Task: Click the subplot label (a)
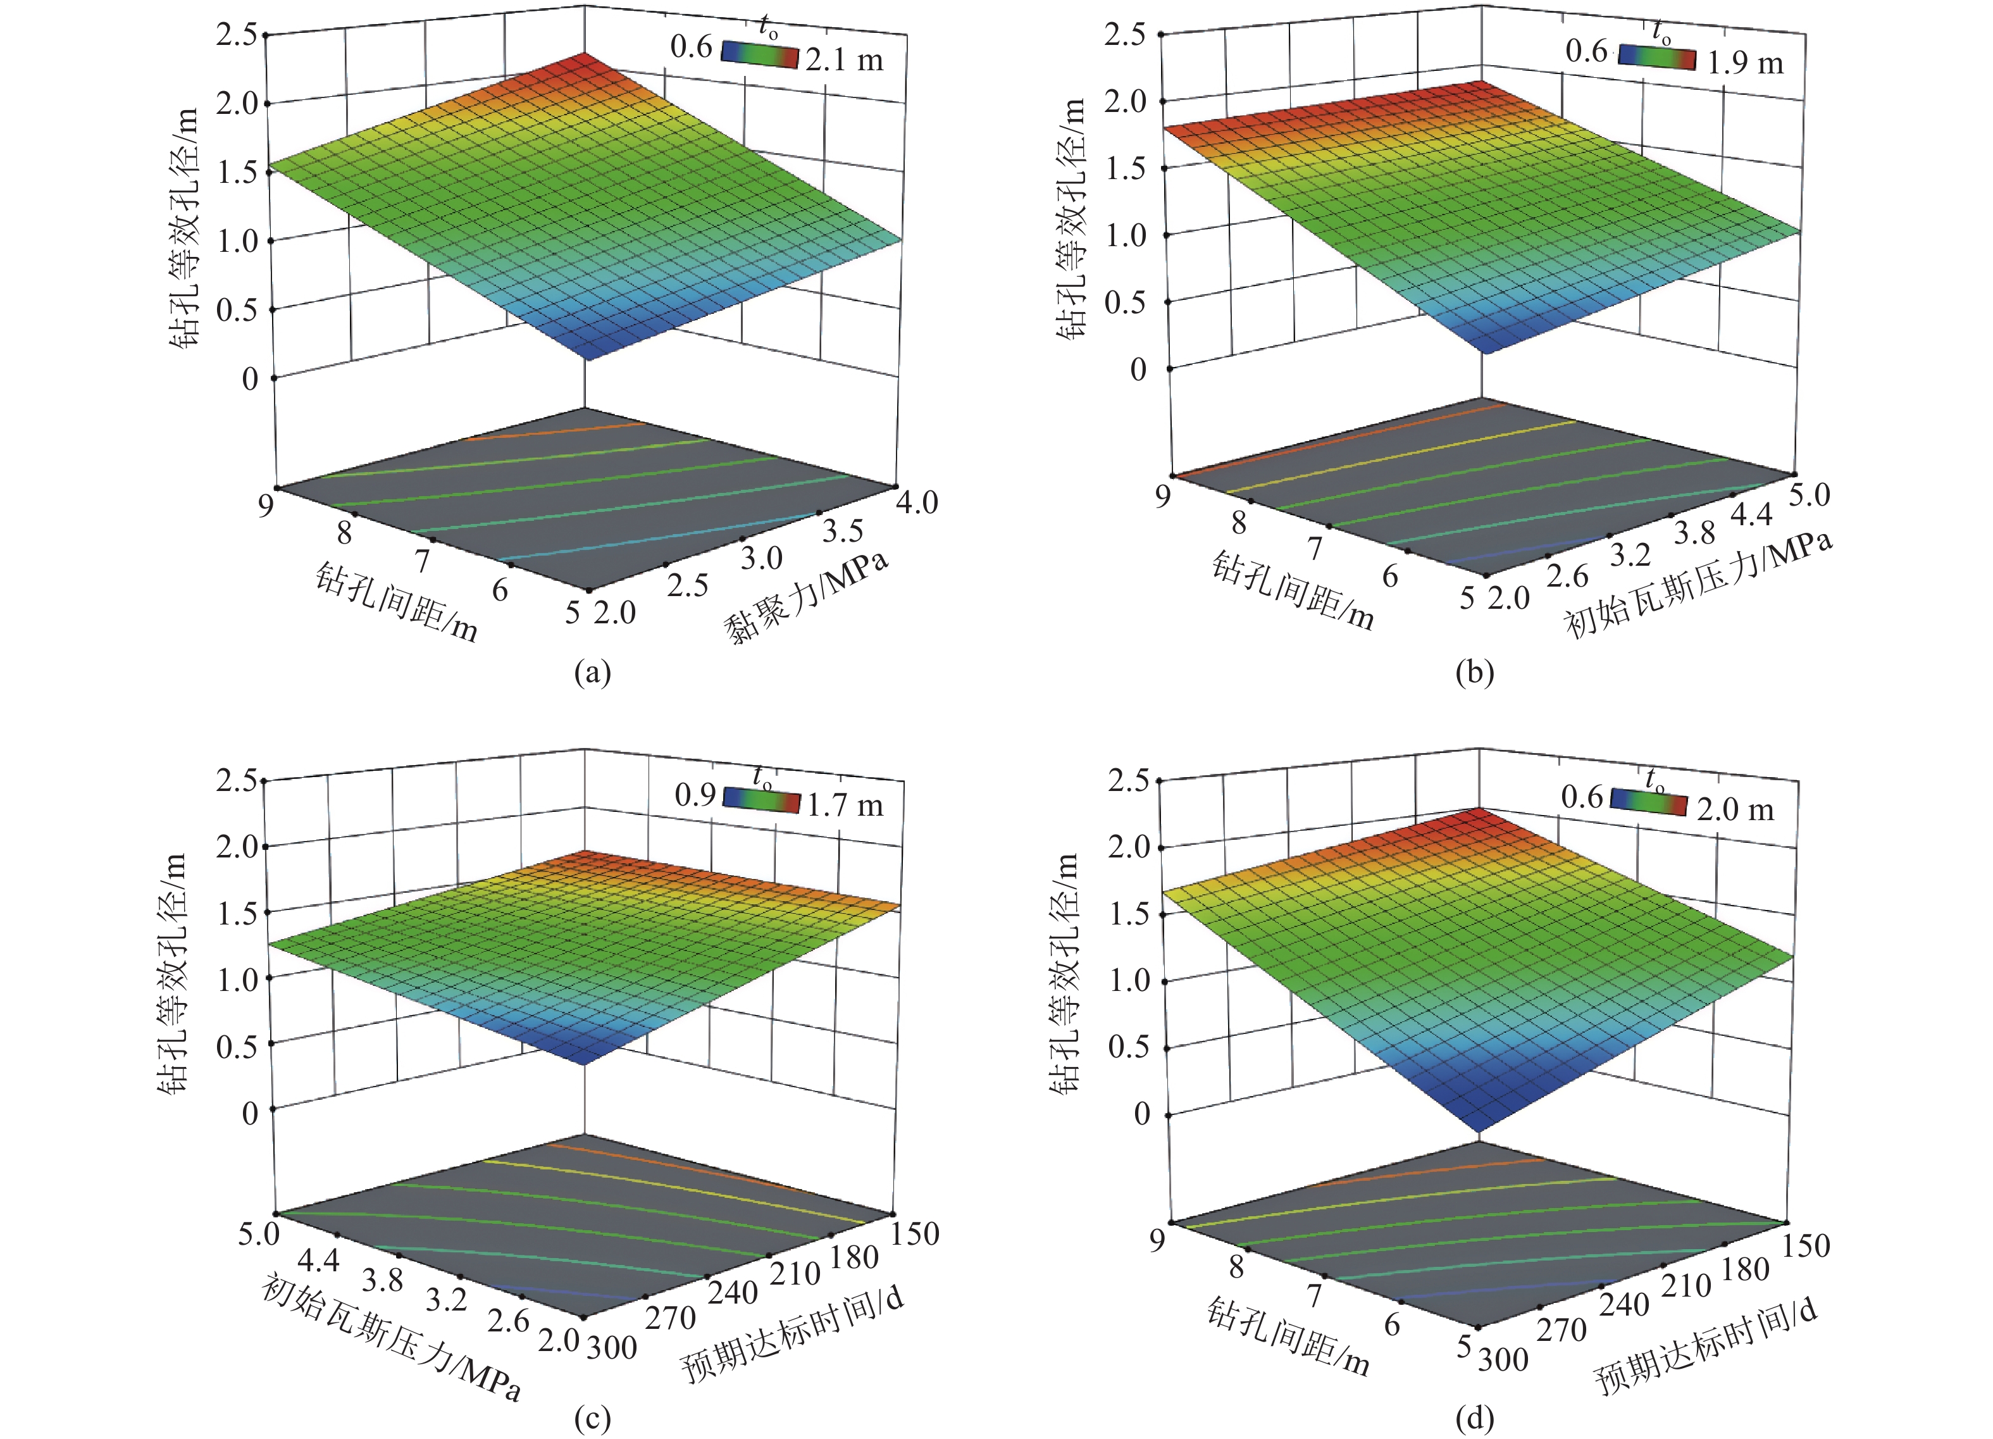click(592, 673)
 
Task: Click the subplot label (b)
click(1474, 673)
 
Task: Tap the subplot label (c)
click(592, 1418)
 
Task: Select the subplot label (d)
click(1474, 1418)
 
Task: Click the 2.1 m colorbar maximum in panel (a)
click(843, 59)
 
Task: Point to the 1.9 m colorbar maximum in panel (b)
click(1744, 63)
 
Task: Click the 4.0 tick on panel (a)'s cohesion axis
click(917, 502)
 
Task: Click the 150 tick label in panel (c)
click(916, 1233)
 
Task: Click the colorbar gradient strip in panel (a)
click(759, 54)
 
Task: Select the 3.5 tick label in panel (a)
click(843, 531)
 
